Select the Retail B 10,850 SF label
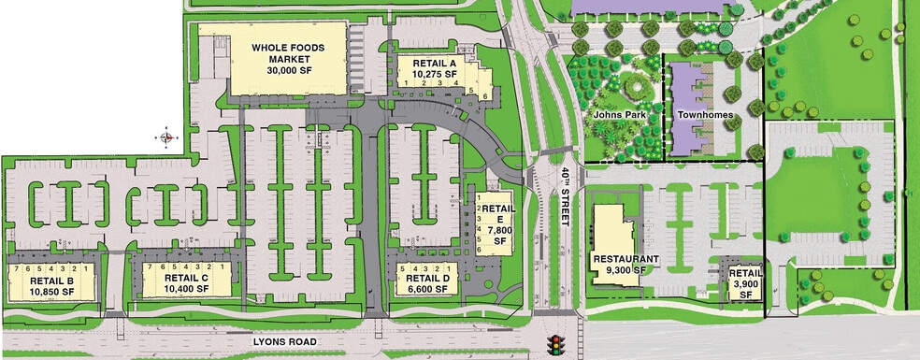52,284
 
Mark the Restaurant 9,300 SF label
625,264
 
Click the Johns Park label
615,116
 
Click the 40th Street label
565,198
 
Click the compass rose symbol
166,137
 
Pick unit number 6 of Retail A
485,95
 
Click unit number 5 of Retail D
403,268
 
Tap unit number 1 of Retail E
478,195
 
